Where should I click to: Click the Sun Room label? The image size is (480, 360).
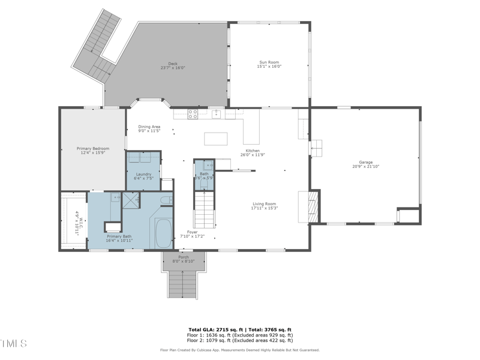pos(269,62)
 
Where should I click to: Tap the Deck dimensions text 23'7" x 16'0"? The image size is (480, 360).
pos(173,68)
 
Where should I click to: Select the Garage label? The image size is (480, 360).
pos(366,162)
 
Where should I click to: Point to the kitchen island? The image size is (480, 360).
pos(216,139)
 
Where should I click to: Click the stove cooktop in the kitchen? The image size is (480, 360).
pos(193,113)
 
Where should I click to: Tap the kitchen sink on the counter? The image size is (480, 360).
pos(217,113)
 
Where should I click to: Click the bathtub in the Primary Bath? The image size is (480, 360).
pos(163,233)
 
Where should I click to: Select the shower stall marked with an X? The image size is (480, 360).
pos(131,200)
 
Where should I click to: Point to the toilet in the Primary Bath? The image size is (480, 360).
pos(167,200)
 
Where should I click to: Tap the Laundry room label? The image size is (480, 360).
pos(143,174)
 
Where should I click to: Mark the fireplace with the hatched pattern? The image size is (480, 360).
pos(311,207)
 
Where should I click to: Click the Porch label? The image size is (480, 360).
pos(184,257)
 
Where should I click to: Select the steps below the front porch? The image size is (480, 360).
pos(184,283)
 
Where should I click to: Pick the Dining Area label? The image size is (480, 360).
pos(149,127)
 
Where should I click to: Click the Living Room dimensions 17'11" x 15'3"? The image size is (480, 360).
pos(264,208)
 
